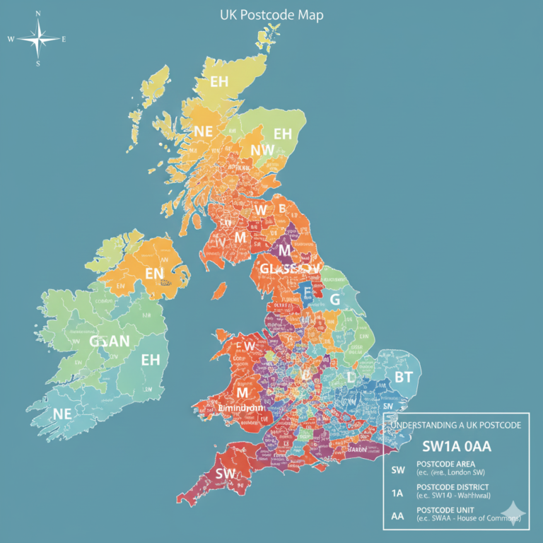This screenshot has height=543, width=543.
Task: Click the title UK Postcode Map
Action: tap(271, 15)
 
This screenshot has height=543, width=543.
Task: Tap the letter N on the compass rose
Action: tap(38, 13)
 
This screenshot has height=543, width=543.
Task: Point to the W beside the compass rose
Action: tap(11, 39)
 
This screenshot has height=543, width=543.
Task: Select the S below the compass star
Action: tap(38, 64)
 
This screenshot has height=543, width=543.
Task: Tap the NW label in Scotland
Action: tap(262, 150)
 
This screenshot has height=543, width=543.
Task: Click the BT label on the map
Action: tap(403, 377)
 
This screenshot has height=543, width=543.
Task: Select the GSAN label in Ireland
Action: tap(110, 341)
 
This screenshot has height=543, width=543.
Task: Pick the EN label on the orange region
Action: tap(154, 272)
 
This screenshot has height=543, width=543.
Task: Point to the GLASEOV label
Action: tap(290, 269)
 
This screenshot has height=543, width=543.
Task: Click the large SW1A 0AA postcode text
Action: tap(456, 446)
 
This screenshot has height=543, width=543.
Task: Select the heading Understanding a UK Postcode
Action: tap(456, 425)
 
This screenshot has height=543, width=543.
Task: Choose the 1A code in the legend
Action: tap(397, 493)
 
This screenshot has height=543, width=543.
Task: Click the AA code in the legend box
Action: tap(397, 516)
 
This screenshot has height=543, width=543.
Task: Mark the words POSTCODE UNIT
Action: tap(445, 510)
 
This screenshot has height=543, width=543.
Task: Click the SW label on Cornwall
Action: tap(225, 473)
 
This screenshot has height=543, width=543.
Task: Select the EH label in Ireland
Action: tap(151, 359)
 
